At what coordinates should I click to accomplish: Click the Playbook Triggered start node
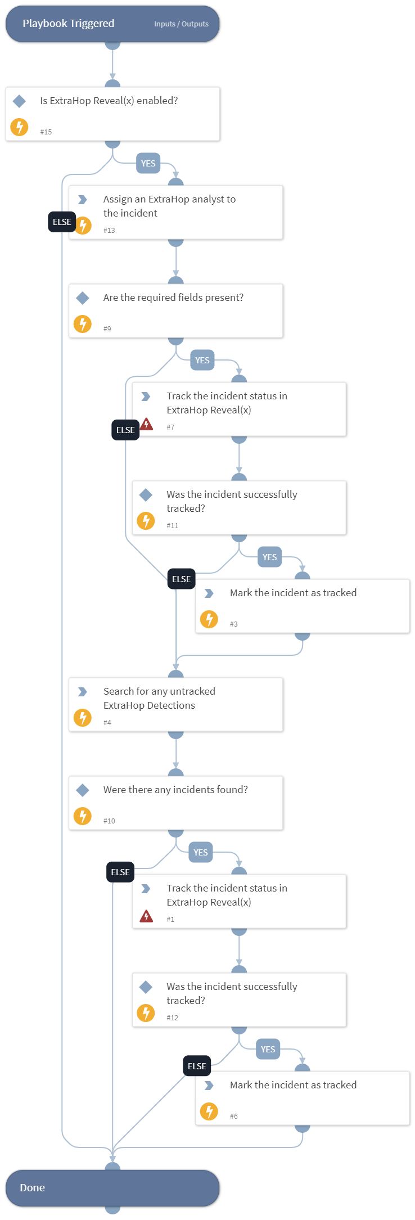[x=69, y=24]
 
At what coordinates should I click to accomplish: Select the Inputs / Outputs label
[x=181, y=24]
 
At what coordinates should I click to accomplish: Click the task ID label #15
[x=46, y=132]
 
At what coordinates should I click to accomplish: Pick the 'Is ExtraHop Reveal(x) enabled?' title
[x=109, y=101]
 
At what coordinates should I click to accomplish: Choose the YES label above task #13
[x=148, y=164]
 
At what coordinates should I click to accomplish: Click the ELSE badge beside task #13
[x=62, y=222]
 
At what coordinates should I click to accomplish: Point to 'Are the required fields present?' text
[x=173, y=298]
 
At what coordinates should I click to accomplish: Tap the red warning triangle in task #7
[x=147, y=424]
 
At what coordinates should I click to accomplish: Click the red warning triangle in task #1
[x=146, y=916]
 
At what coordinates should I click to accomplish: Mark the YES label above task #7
[x=202, y=361]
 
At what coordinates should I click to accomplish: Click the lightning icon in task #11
[x=146, y=521]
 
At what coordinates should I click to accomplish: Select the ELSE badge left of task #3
[x=181, y=579]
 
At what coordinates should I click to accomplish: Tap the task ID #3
[x=234, y=624]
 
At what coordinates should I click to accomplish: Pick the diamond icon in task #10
[x=83, y=790]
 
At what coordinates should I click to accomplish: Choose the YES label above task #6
[x=268, y=1050]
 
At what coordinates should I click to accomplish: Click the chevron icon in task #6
[x=209, y=1086]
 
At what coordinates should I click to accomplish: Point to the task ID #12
[x=173, y=1018]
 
